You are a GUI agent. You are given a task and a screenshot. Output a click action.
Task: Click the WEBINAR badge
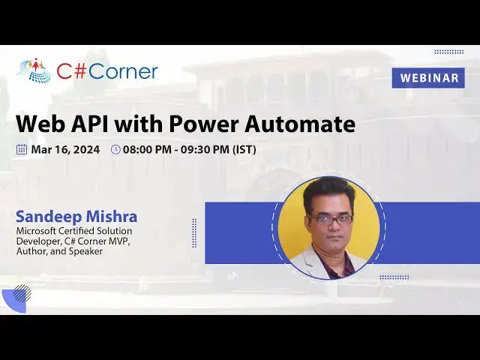point(428,78)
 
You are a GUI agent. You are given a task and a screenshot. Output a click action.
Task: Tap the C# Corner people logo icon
point(34,70)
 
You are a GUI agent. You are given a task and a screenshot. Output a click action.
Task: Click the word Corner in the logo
point(124,71)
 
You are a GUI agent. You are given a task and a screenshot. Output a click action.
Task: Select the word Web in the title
point(40,124)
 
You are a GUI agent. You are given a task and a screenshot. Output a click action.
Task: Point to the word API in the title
point(94,124)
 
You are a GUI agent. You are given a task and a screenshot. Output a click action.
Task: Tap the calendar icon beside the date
point(22,149)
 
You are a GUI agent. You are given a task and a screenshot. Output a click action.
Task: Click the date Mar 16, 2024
point(65,149)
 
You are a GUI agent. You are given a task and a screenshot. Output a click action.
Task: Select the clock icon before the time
point(115,149)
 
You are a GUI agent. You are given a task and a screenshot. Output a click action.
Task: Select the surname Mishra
point(112,217)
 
